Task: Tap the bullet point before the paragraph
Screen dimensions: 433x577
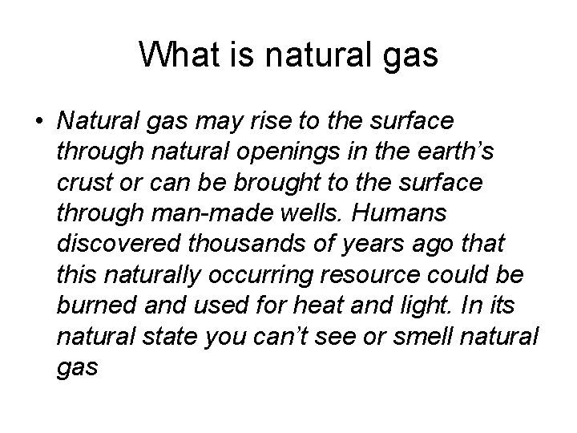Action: pos(39,122)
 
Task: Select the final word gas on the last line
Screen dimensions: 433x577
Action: pos(78,368)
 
